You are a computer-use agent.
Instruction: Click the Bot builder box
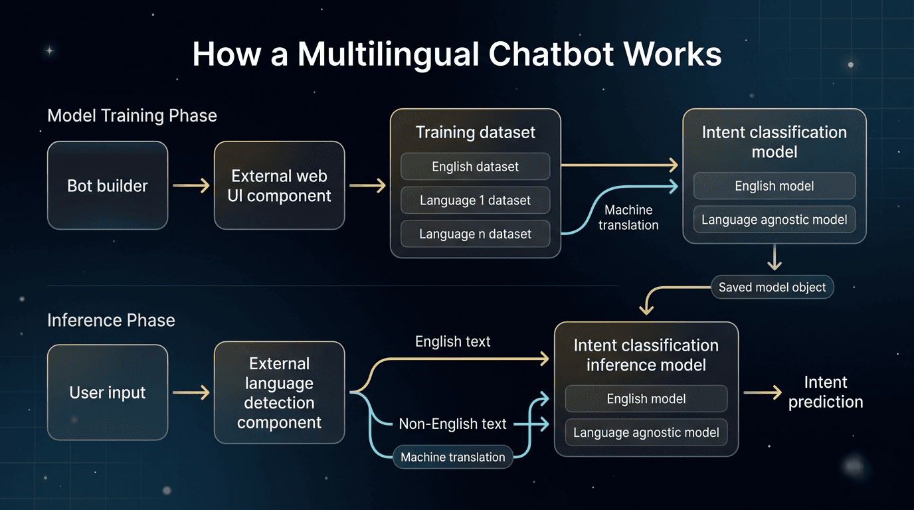pyautogui.click(x=108, y=186)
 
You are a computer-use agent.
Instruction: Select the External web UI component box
pyautogui.click(x=279, y=186)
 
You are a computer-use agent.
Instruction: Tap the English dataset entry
pyautogui.click(x=475, y=167)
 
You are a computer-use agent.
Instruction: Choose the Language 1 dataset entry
pyautogui.click(x=475, y=201)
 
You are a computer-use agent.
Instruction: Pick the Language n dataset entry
pyautogui.click(x=475, y=234)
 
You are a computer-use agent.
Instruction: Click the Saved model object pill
pyautogui.click(x=772, y=288)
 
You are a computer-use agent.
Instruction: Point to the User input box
pyautogui.click(x=108, y=393)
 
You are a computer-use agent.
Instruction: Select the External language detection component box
pyautogui.click(x=279, y=393)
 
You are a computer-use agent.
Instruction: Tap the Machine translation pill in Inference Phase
pyautogui.click(x=453, y=457)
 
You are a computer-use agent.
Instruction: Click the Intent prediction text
pyautogui.click(x=825, y=392)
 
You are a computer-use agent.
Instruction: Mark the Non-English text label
pyautogui.click(x=452, y=424)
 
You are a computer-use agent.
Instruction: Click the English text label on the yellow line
pyautogui.click(x=452, y=342)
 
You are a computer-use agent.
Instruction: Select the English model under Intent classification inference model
pyautogui.click(x=646, y=399)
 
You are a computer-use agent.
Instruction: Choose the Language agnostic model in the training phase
pyautogui.click(x=774, y=220)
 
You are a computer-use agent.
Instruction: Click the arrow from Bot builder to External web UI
pyautogui.click(x=191, y=186)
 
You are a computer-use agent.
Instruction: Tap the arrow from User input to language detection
pyautogui.click(x=191, y=393)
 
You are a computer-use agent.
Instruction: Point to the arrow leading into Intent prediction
pyautogui.click(x=763, y=393)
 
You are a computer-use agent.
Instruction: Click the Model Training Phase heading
pyautogui.click(x=132, y=116)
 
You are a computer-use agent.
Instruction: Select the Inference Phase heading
pyautogui.click(x=111, y=320)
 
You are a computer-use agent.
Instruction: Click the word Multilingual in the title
pyautogui.click(x=388, y=54)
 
